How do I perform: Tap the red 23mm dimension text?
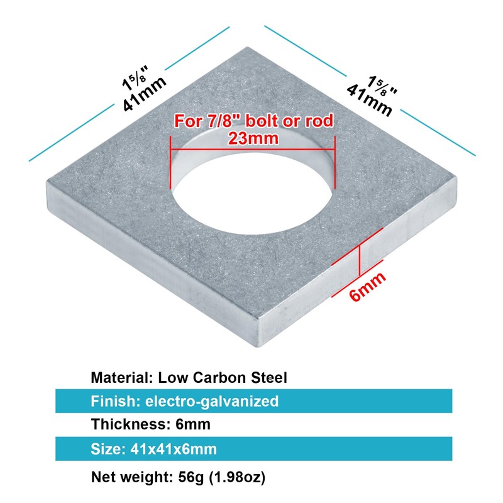253,138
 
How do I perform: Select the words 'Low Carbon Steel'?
223,378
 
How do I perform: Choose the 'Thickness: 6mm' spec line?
151,424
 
